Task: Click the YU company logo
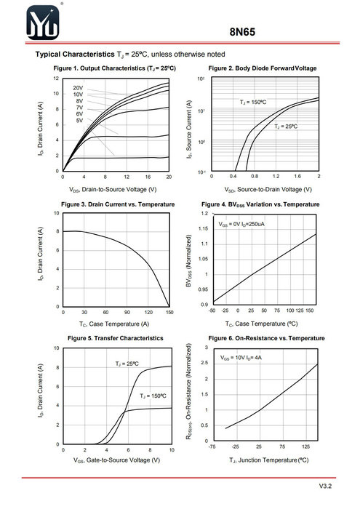tap(42, 23)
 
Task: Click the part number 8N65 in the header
tap(242, 32)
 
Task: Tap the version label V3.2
tap(325, 486)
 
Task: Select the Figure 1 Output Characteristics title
tap(115, 68)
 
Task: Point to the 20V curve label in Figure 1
tap(78, 88)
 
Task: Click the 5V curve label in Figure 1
tap(79, 121)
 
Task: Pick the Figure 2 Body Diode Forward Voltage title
tap(263, 68)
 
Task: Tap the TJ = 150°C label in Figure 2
tap(253, 103)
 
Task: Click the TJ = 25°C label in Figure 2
tap(286, 127)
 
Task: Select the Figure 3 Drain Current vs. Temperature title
tap(118, 204)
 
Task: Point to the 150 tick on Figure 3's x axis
tap(169, 312)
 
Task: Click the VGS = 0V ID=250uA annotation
tap(241, 224)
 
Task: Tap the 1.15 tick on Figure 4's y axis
tap(204, 228)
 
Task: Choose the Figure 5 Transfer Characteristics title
tap(115, 338)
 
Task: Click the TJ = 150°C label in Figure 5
tap(153, 396)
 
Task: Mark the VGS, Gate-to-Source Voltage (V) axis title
tap(116, 460)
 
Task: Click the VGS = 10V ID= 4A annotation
tap(241, 358)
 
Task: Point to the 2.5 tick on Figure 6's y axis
tap(204, 363)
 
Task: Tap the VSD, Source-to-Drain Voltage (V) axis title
tap(268, 189)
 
